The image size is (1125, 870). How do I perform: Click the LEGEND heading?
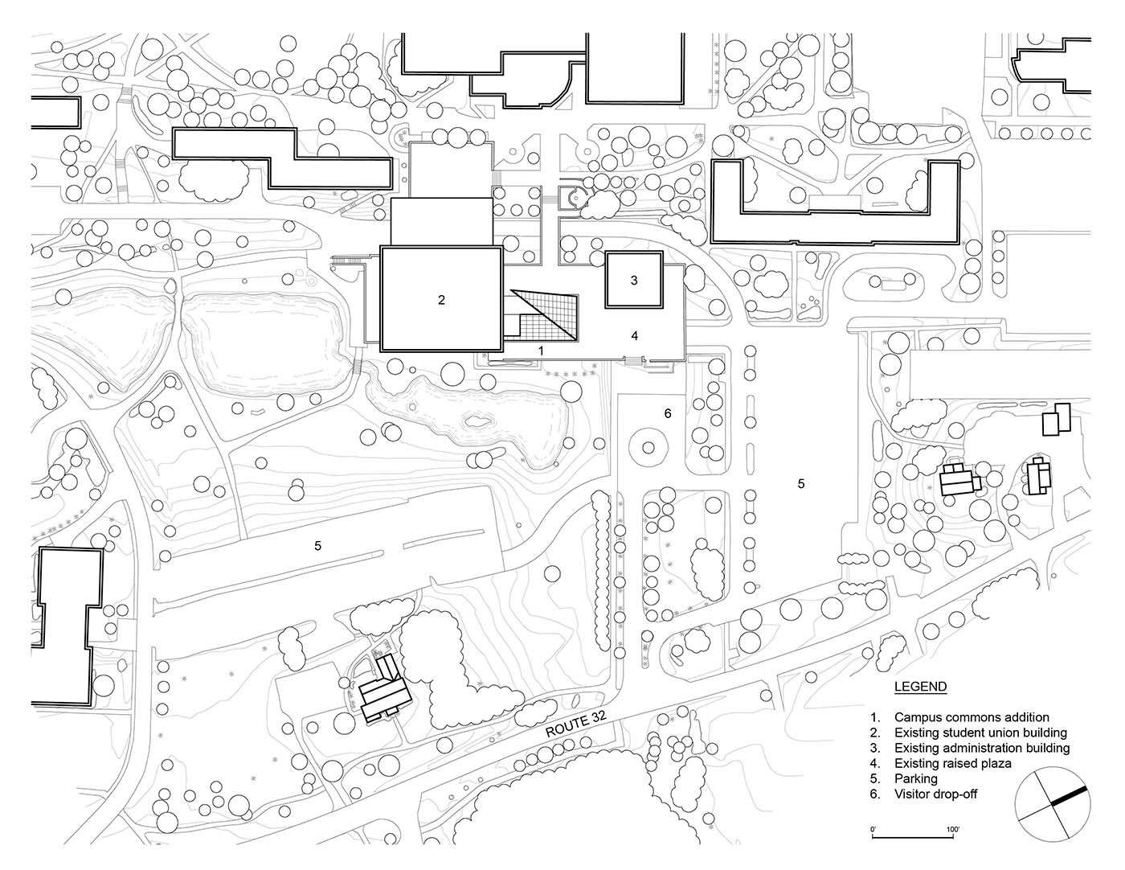tap(920, 687)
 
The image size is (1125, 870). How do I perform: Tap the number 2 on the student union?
tap(441, 300)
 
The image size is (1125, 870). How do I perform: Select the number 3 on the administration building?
tap(634, 281)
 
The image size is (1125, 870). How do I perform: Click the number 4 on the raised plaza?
tap(635, 335)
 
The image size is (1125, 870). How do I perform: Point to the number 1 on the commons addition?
tap(541, 351)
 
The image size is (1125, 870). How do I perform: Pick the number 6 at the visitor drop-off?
tap(667, 413)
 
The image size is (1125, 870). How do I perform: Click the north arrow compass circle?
tap(1051, 806)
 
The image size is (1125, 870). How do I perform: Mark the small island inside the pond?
tap(477, 420)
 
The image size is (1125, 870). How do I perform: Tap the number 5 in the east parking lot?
tap(800, 483)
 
